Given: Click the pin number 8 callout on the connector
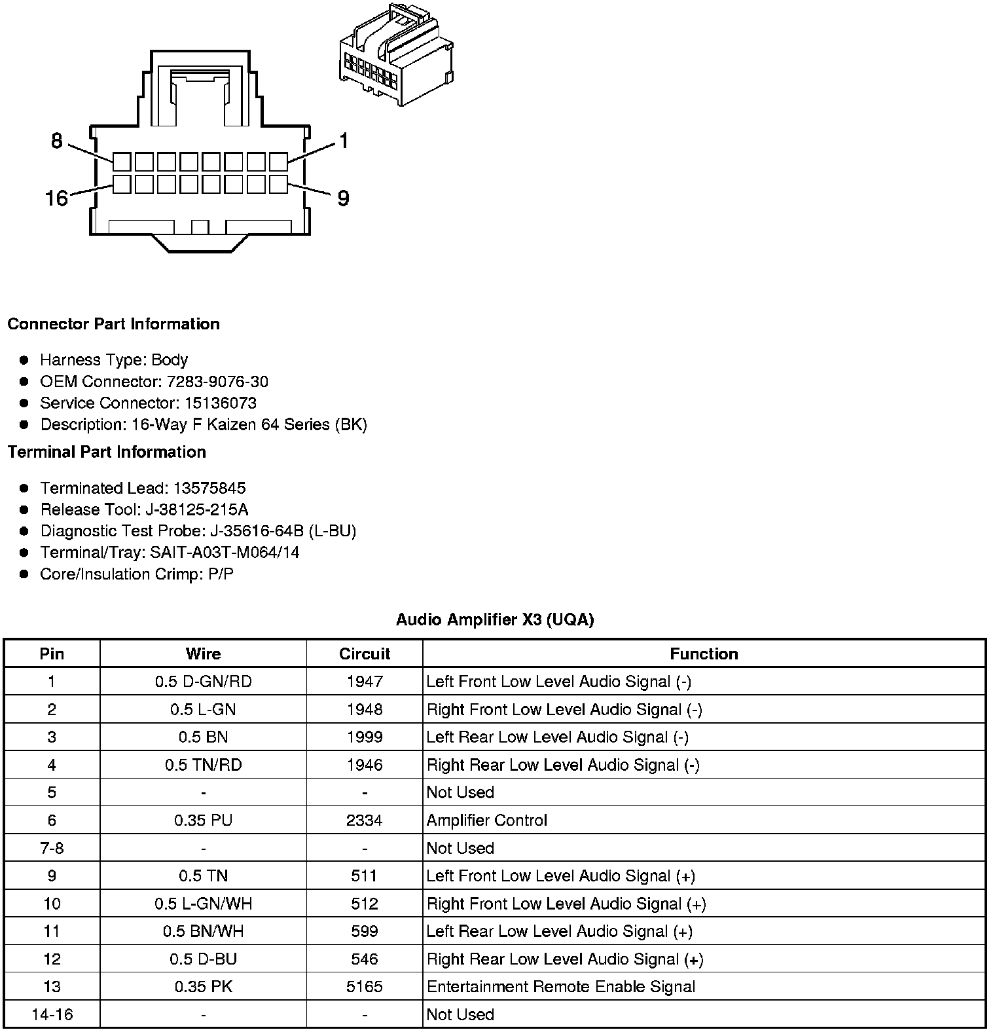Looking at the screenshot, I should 57,141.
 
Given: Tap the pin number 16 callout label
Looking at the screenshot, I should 56,198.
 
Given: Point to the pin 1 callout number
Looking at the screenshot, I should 344,141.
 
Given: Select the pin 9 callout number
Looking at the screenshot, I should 343,198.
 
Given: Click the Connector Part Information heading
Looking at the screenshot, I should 113,324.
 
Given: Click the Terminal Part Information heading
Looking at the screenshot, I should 107,452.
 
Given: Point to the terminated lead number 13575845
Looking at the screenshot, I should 209,488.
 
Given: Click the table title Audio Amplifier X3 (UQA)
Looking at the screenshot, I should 495,619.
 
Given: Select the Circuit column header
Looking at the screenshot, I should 365,654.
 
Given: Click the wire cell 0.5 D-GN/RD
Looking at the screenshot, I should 203,682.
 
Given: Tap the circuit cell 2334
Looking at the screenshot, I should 365,820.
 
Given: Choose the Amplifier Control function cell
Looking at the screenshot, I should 486,820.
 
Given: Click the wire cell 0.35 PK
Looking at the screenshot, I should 203,987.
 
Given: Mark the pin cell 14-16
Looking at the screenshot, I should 52,1014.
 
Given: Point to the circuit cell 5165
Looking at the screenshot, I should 365,987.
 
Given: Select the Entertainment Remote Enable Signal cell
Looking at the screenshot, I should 560,987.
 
